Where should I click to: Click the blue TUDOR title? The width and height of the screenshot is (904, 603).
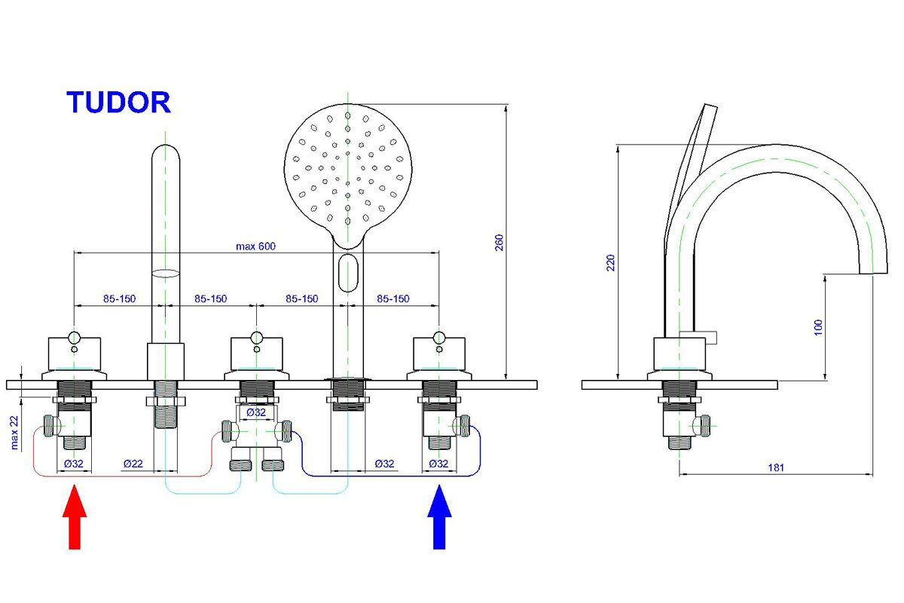(119, 102)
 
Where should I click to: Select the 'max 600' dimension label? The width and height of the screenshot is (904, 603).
(257, 246)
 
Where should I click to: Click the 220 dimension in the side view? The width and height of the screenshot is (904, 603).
(611, 262)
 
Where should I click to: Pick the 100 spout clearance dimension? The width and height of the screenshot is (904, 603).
(819, 326)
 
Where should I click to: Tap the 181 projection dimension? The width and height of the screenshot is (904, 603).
(776, 468)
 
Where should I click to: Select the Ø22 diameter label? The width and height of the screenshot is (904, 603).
(133, 464)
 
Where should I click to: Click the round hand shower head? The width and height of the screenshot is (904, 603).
(347, 170)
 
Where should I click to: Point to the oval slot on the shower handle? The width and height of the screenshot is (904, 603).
(347, 272)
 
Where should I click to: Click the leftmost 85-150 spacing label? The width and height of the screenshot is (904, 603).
(119, 298)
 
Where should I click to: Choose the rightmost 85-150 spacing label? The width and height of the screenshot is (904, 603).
(393, 298)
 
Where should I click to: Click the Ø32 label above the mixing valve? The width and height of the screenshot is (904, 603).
(256, 412)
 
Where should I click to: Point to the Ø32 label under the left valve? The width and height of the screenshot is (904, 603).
(74, 464)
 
